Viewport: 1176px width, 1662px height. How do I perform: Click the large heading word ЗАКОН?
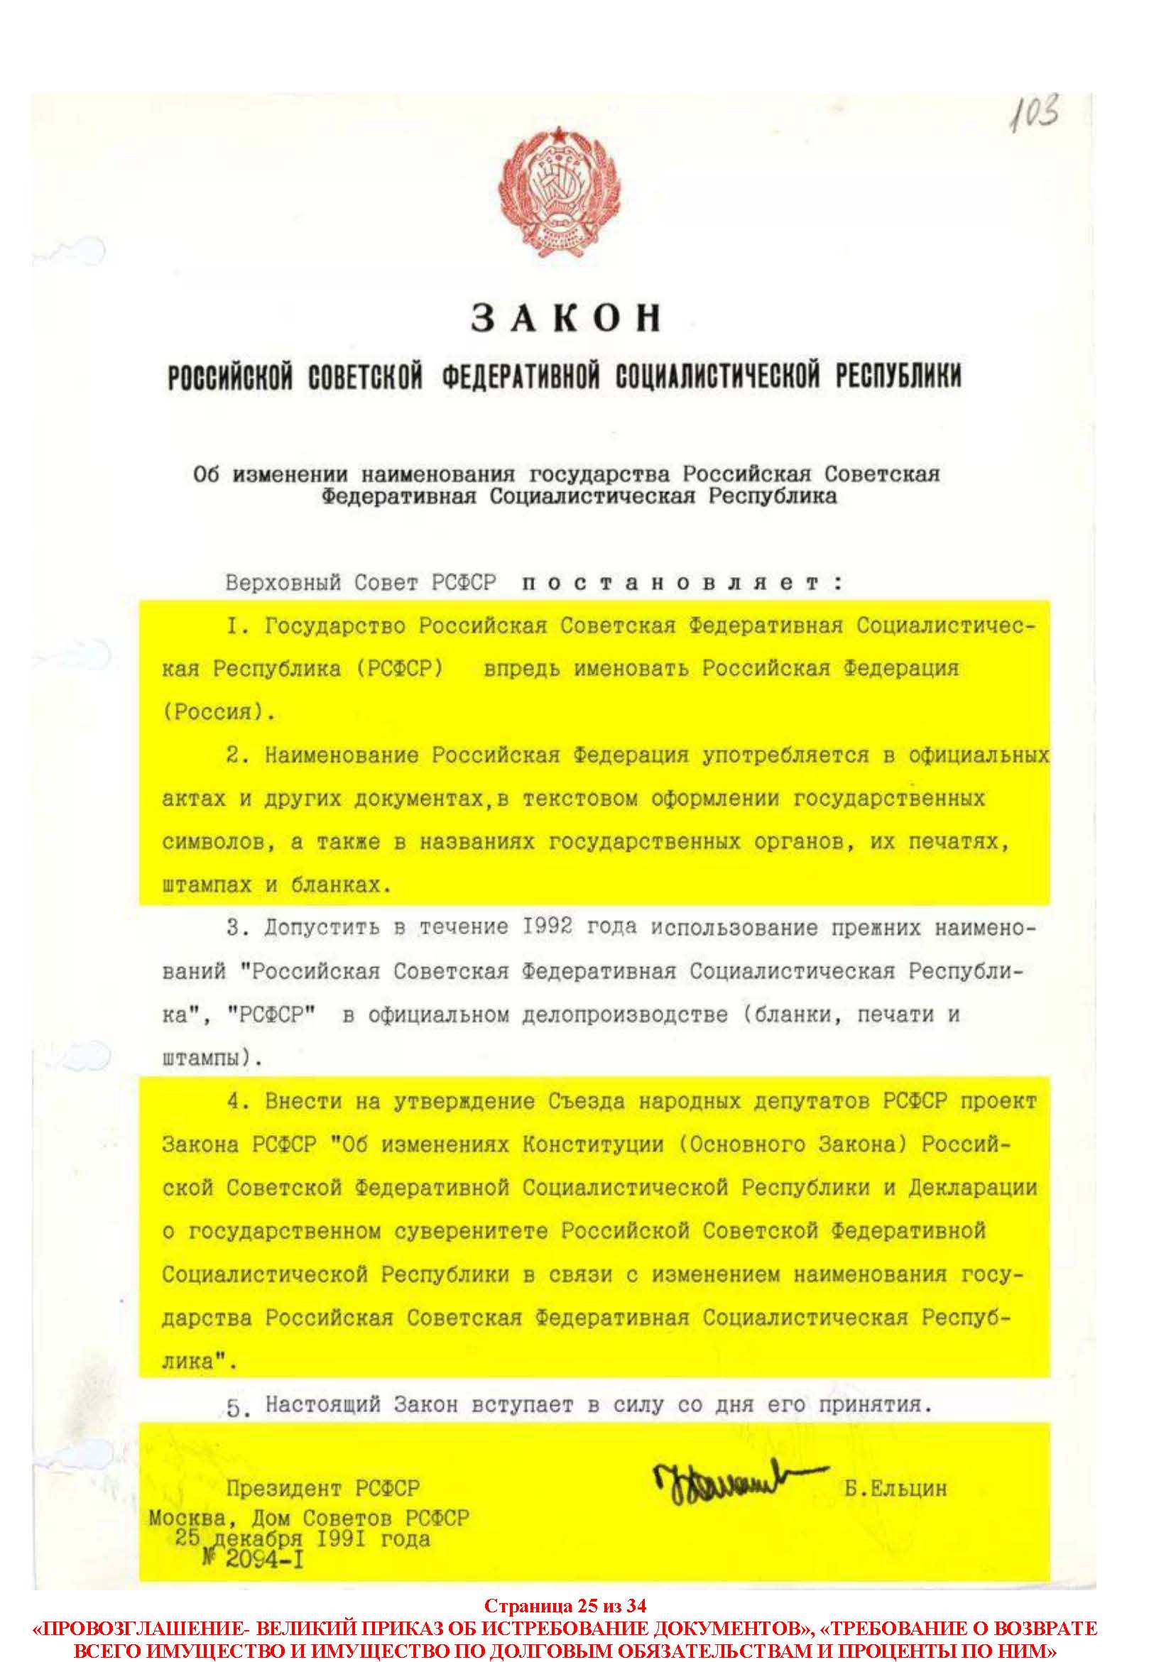point(566,319)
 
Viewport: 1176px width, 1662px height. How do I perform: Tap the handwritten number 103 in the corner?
point(1035,115)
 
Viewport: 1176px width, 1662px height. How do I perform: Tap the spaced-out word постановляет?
point(683,584)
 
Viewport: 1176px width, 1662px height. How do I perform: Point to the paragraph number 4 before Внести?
point(233,1101)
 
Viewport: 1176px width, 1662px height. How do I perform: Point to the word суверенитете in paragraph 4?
point(472,1230)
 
